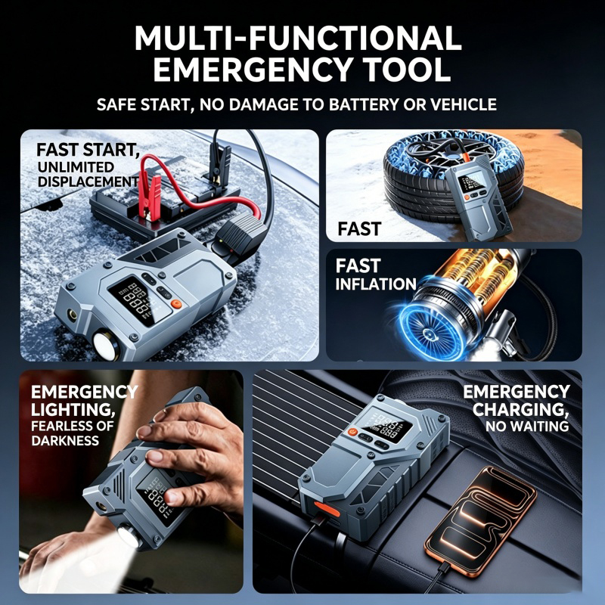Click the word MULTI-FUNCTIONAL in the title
298,38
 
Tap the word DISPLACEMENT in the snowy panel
88,181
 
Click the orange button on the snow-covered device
176,304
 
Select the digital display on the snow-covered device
138,299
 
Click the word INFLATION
376,284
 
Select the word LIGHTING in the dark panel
73,409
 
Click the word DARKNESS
65,441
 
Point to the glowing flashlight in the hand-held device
129,536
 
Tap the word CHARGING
520,409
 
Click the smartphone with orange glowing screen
481,513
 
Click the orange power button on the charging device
352,432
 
